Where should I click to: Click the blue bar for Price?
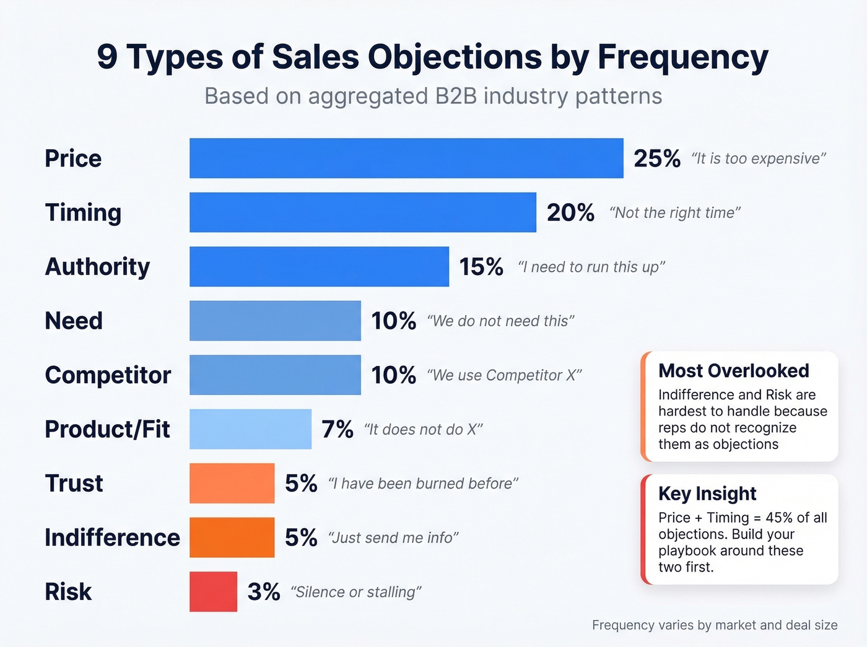[406, 158]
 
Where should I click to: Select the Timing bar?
[363, 212]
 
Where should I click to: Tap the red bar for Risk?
[213, 592]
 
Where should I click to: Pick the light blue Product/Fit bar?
[250, 429]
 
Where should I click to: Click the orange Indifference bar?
[232, 537]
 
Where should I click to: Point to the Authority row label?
[97, 267]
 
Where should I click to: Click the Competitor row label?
[108, 375]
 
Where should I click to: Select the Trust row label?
[74, 484]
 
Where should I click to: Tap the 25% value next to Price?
[656, 158]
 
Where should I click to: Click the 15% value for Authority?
[481, 267]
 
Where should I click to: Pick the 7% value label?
[338, 429]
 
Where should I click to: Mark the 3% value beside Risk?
[264, 592]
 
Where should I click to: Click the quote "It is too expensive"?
[759, 159]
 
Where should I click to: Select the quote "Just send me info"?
[393, 538]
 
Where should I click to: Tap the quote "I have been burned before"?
[423, 484]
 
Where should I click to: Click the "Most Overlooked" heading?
[733, 371]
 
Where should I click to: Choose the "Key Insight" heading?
[707, 493]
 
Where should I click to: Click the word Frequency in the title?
[682, 57]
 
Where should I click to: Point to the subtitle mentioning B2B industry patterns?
[434, 97]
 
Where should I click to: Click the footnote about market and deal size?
[715, 625]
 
